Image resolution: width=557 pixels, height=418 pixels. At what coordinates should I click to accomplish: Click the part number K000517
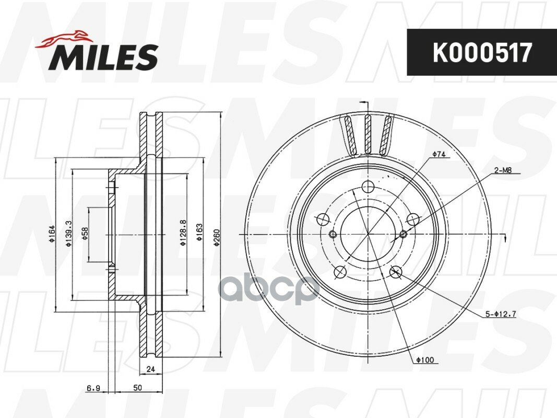click(x=482, y=52)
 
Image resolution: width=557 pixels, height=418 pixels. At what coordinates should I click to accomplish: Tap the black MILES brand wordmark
click(x=103, y=57)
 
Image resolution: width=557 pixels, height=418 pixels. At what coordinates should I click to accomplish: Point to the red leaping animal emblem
click(x=63, y=38)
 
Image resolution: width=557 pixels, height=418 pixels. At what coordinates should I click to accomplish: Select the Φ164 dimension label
click(x=52, y=234)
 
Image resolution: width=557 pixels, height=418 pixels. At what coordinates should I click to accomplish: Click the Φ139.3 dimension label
click(x=68, y=234)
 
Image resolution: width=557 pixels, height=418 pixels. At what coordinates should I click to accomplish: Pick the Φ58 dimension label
click(x=85, y=234)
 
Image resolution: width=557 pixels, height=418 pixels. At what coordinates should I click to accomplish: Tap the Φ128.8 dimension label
click(x=183, y=234)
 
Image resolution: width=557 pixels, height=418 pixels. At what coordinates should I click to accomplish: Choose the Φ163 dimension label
click(x=199, y=232)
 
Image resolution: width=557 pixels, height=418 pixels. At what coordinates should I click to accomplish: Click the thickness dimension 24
click(x=151, y=369)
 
